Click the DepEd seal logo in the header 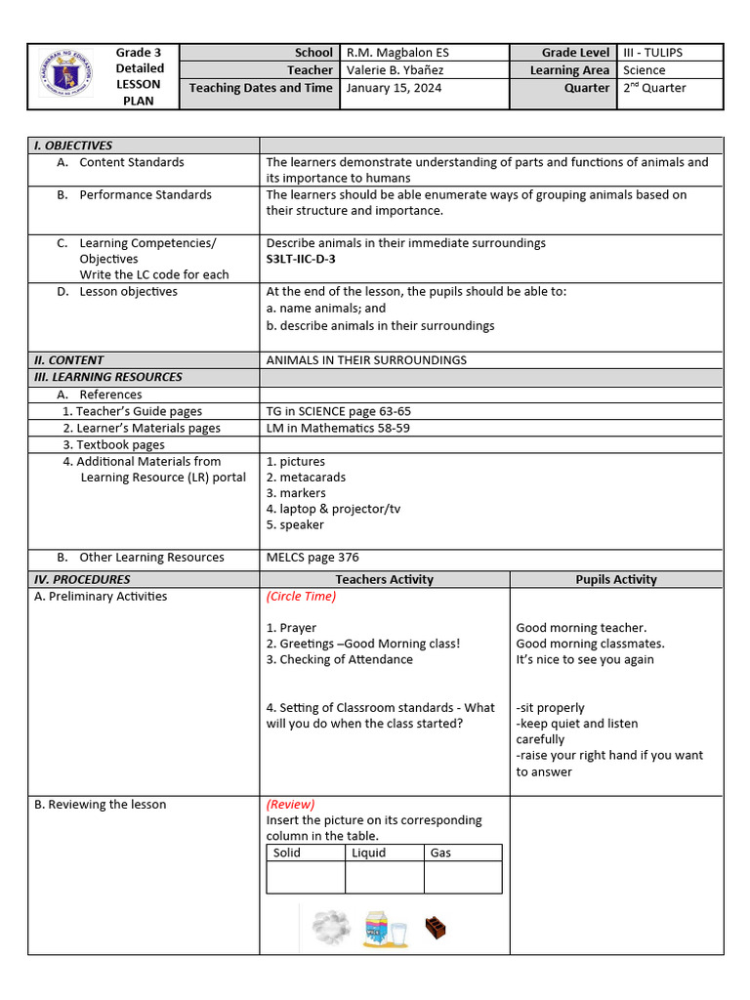tap(66, 75)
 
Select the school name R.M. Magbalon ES tap(397, 53)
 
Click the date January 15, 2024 tap(394, 88)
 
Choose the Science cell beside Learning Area tap(644, 70)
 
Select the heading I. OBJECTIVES tap(73, 146)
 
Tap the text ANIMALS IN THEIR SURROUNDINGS tap(366, 360)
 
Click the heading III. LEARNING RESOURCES tap(108, 377)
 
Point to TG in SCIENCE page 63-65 tap(338, 411)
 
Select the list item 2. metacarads tap(306, 478)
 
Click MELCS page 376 tap(312, 558)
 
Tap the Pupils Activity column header tap(615, 579)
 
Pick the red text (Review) tap(290, 805)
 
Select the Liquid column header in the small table tap(369, 853)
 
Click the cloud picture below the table tap(331, 927)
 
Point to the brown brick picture tap(436, 928)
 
